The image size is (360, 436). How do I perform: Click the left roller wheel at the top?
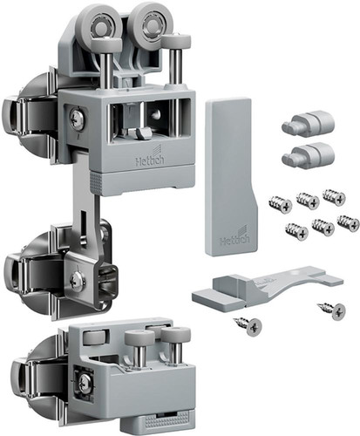(99, 26)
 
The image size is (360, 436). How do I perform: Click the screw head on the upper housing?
(77, 119)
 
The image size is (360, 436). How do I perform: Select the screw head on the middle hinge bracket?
(77, 281)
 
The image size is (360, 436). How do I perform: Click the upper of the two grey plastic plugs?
(308, 124)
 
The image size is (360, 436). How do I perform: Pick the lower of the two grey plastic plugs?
(308, 156)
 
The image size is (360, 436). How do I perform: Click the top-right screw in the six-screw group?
(334, 197)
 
